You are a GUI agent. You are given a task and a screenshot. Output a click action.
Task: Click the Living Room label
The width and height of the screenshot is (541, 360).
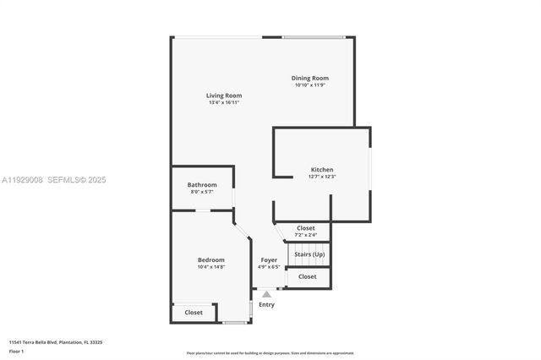coord(224,95)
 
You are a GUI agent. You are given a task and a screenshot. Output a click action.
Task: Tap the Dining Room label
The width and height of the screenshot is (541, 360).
coord(311,78)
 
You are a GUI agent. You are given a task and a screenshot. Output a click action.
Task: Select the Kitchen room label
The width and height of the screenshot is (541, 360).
coord(322,170)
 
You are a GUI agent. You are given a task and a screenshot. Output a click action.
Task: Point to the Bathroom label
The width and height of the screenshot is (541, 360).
coord(202,185)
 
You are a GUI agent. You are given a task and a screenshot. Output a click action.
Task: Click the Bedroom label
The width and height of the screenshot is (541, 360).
coord(211,259)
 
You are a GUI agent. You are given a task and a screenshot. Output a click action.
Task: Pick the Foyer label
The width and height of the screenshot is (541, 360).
coord(269,259)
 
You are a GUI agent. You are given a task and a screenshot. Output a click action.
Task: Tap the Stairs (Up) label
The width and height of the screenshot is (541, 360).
coord(309,254)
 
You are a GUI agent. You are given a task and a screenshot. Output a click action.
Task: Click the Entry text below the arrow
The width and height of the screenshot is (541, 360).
coord(266,304)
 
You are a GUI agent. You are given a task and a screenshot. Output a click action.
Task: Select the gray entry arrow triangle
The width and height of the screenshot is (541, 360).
coord(266,294)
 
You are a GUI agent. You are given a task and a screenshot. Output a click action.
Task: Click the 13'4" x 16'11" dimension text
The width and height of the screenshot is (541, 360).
coord(224,103)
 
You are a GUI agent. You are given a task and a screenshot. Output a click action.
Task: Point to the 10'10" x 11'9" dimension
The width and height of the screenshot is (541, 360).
coord(311,85)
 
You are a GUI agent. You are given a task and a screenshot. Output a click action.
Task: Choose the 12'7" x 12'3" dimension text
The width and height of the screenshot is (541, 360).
coord(322,177)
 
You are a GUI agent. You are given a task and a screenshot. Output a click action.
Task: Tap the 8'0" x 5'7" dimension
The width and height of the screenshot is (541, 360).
coord(202,193)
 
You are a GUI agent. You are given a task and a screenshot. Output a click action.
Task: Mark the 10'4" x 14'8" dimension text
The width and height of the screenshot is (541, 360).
coord(211,267)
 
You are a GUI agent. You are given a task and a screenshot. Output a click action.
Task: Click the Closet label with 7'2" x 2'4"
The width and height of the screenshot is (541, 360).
coord(305,228)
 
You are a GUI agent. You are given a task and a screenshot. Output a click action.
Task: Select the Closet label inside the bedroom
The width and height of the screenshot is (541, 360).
coord(194,313)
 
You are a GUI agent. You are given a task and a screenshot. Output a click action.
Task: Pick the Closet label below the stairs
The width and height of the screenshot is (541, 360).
coord(308,276)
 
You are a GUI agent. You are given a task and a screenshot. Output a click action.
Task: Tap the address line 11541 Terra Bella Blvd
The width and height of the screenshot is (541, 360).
coord(56,342)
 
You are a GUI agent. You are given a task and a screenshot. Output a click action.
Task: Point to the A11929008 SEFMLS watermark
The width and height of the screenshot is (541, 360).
coord(54,180)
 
